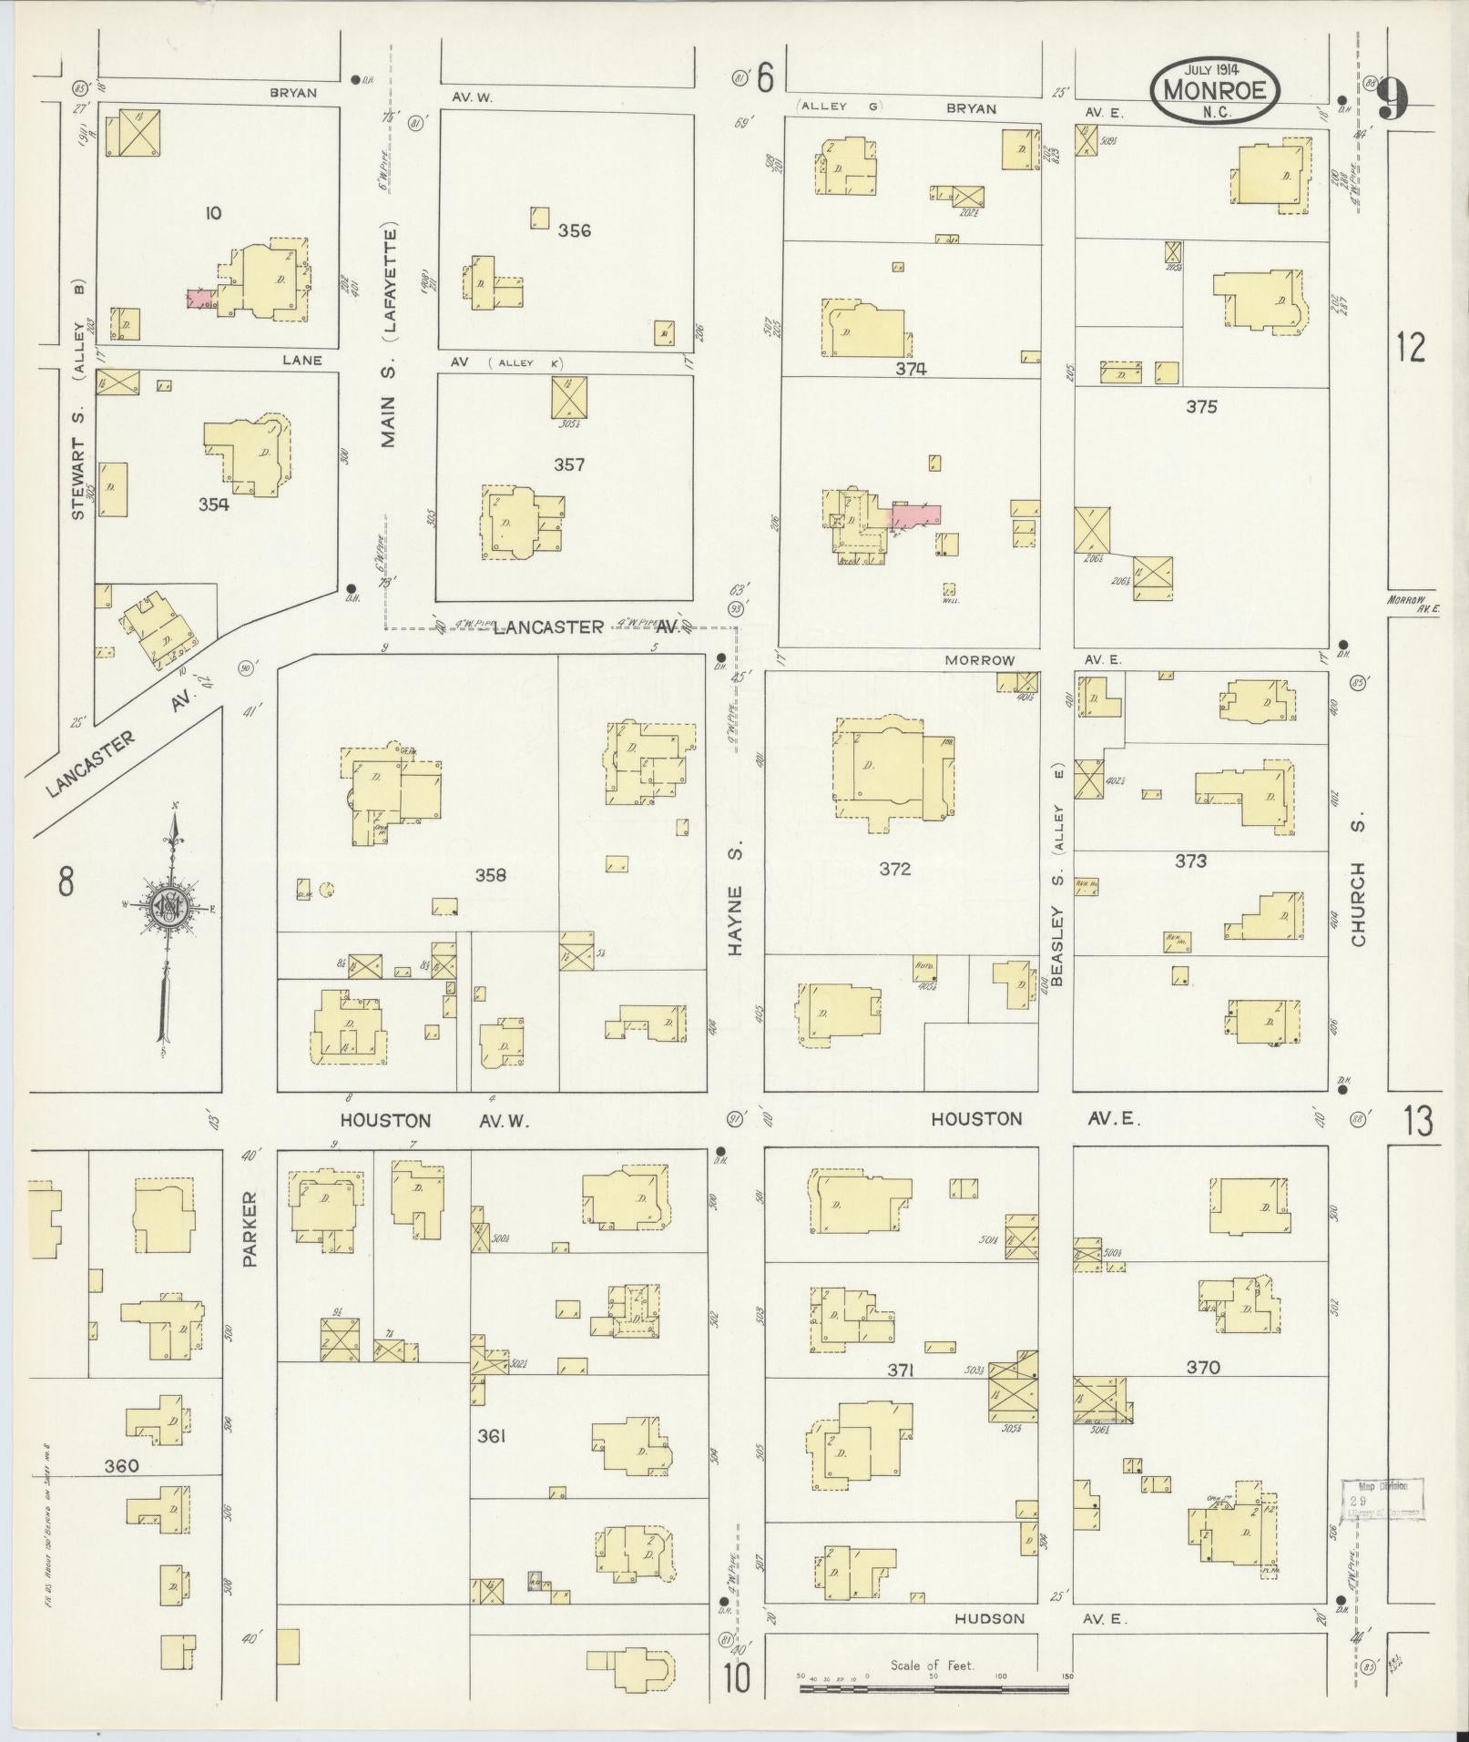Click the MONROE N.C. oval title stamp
click(x=1216, y=90)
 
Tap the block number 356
click(x=574, y=230)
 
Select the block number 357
click(x=569, y=464)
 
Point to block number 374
click(x=910, y=369)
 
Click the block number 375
click(x=1201, y=407)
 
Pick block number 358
click(x=490, y=875)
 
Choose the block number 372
click(x=895, y=869)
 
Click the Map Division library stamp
click(x=1383, y=1500)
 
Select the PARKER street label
click(x=251, y=1229)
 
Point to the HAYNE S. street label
click(x=736, y=897)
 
